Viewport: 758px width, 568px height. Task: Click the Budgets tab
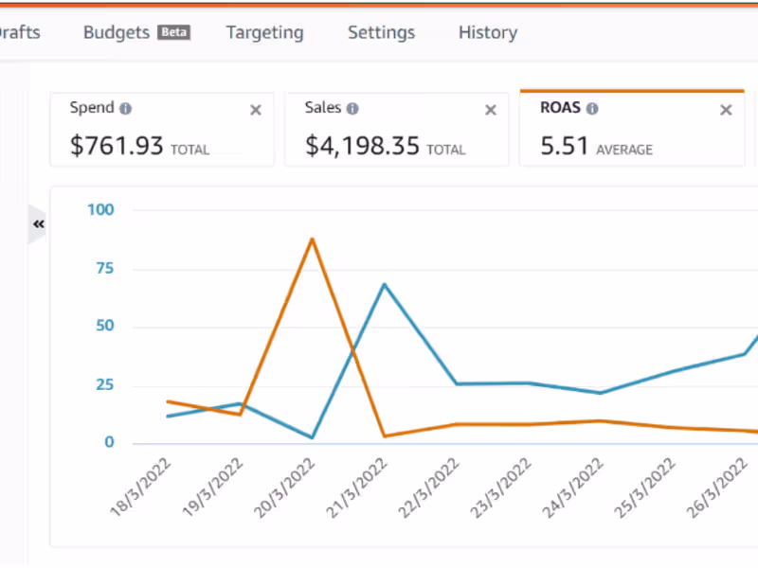(x=117, y=32)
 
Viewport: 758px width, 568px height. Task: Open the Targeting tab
(x=264, y=32)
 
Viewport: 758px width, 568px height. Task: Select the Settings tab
(x=381, y=32)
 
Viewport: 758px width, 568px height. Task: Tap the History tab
(x=487, y=32)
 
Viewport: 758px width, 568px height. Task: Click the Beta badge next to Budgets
(x=174, y=32)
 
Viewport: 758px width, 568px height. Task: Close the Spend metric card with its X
(x=255, y=110)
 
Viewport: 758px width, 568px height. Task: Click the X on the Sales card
(x=490, y=110)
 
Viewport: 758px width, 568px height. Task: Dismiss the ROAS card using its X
(x=726, y=110)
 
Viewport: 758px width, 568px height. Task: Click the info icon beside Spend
(x=126, y=109)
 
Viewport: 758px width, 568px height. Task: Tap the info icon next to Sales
(x=352, y=109)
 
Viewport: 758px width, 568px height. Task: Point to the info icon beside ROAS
(x=592, y=109)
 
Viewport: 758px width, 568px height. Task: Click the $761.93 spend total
(x=117, y=146)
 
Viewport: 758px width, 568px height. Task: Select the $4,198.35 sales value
(x=363, y=146)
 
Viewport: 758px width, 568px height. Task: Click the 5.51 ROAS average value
(x=565, y=146)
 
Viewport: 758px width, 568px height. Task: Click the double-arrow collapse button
(x=39, y=224)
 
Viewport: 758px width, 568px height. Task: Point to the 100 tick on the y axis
(x=99, y=209)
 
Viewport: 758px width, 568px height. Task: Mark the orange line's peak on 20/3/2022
(x=312, y=239)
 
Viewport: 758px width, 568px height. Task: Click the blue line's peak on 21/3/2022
(x=384, y=283)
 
